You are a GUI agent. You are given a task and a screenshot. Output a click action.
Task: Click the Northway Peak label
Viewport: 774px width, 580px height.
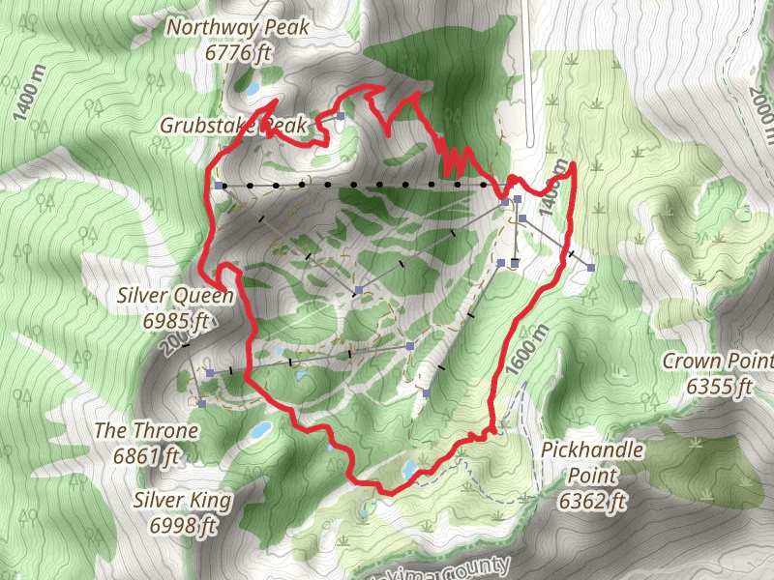tap(238, 27)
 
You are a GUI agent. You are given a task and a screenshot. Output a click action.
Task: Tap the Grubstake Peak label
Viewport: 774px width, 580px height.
tap(233, 126)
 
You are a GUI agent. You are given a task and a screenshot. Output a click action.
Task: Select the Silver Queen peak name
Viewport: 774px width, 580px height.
tap(175, 295)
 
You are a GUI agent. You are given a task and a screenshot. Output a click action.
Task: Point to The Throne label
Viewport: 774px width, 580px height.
tap(147, 430)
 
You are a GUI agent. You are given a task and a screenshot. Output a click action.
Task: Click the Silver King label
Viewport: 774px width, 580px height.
tap(182, 500)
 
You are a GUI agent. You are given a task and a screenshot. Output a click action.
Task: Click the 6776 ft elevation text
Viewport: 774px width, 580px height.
tap(238, 52)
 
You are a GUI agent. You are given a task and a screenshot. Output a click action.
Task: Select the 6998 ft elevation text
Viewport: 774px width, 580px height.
tap(182, 526)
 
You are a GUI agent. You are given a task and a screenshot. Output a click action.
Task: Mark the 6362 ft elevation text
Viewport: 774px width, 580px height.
tap(592, 501)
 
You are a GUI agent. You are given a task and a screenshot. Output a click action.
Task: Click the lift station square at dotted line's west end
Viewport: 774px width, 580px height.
tap(221, 185)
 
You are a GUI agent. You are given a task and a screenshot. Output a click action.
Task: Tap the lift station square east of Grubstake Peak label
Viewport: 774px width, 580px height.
tap(341, 117)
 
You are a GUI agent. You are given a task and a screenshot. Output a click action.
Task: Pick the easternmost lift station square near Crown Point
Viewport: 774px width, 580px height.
tap(590, 267)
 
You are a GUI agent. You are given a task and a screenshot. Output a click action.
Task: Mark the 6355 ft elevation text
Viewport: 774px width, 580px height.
tap(719, 388)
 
